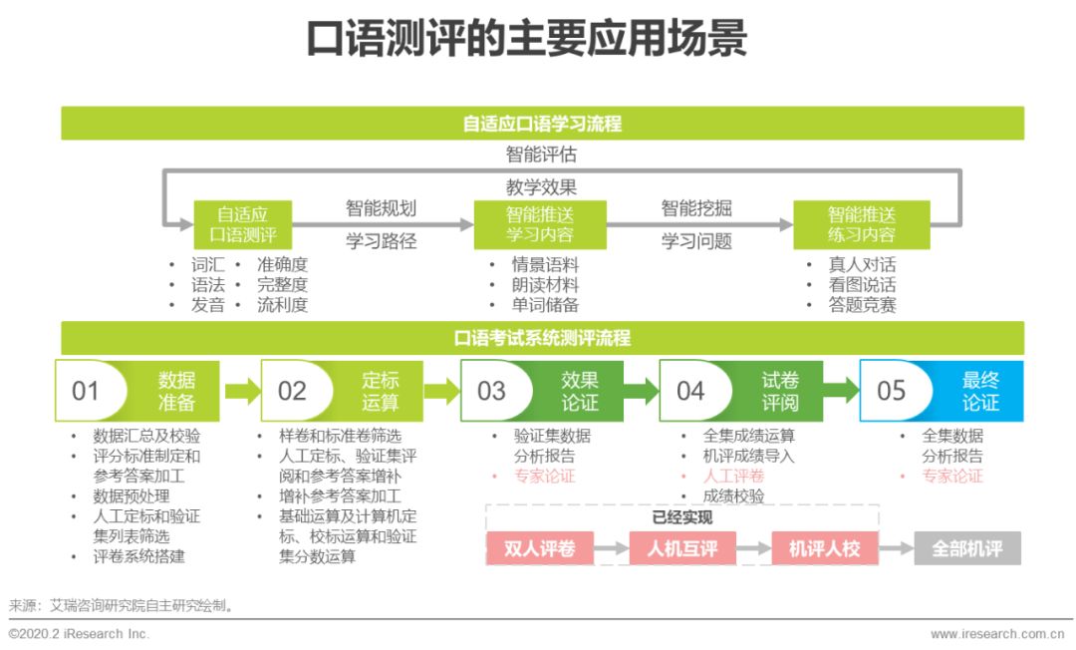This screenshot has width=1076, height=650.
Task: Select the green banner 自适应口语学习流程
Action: pos(542,124)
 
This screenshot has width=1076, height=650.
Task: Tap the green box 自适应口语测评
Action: pos(243,224)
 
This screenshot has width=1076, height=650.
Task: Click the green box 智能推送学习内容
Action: pos(539,224)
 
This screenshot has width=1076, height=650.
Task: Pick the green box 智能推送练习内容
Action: pos(861,224)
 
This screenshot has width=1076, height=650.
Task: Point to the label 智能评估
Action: pos(541,155)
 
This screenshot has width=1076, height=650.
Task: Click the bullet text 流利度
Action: pos(282,305)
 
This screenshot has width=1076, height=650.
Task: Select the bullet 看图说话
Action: pos(862,285)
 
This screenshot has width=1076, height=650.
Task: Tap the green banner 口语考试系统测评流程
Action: pos(542,338)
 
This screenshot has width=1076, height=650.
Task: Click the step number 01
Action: pos(86,391)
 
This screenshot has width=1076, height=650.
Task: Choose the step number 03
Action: pos(492,391)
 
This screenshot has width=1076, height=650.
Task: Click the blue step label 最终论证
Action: pos(980,391)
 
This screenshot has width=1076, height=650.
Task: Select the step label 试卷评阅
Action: pos(780,391)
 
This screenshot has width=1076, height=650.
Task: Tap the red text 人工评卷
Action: pos(733,476)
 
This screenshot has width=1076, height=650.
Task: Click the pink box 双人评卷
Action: pos(539,548)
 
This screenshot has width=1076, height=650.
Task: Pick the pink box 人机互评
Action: pos(682,548)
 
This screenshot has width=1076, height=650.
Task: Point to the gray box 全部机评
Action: pos(966,548)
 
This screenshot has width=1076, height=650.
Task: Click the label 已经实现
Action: pos(682,516)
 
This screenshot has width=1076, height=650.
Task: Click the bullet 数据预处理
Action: pos(132,495)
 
